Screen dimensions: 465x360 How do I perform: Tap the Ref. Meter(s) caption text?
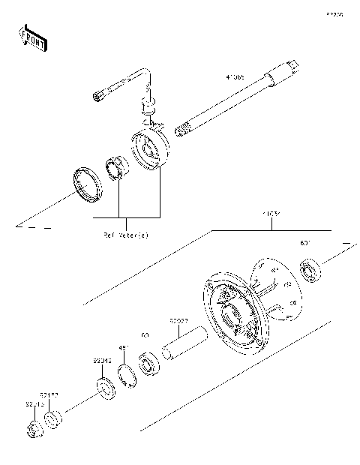pyautogui.click(x=126, y=235)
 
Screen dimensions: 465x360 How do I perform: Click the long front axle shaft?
pyautogui.click(x=225, y=105)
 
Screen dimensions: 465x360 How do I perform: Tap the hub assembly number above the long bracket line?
pyautogui.click(x=271, y=215)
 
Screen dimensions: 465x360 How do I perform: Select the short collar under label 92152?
pyautogui.click(x=54, y=419)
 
